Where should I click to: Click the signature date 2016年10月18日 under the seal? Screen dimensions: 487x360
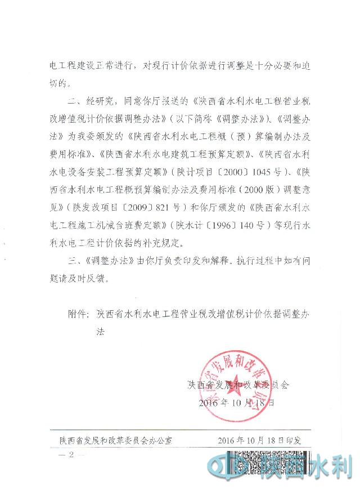pyautogui.click(x=236, y=403)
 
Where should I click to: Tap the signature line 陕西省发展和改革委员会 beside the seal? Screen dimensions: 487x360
pyautogui.click(x=239, y=386)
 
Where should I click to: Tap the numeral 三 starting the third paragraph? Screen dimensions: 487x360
pyautogui.click(x=74, y=262)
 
